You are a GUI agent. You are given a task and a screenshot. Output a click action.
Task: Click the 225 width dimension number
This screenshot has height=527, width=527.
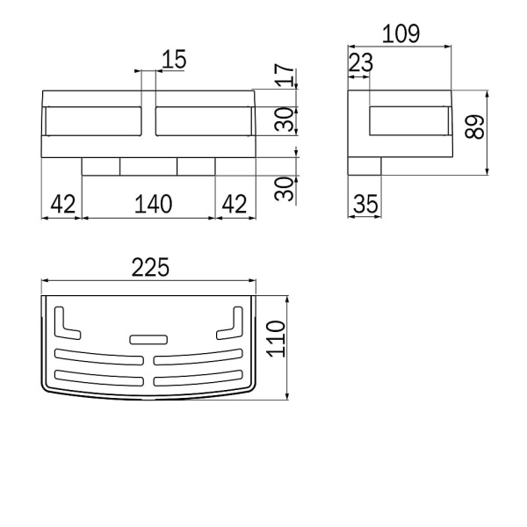150,267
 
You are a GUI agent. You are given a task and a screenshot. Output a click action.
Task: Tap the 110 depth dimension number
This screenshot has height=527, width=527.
276,339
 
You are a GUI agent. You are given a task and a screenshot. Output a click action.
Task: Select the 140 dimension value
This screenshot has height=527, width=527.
153,204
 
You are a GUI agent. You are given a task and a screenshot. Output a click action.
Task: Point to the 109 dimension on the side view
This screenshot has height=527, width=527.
401,33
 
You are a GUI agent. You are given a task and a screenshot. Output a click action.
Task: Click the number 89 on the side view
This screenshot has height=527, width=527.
474,126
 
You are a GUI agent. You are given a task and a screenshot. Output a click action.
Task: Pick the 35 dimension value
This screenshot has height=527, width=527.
365,204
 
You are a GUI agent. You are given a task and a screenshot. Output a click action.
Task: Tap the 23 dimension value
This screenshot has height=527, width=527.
361,62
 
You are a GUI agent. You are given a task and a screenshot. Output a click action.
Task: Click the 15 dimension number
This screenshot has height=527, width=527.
174,60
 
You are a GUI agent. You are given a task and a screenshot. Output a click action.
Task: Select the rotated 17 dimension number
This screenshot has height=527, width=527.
285,75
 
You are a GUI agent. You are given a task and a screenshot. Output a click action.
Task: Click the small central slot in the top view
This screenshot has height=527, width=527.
148,339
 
